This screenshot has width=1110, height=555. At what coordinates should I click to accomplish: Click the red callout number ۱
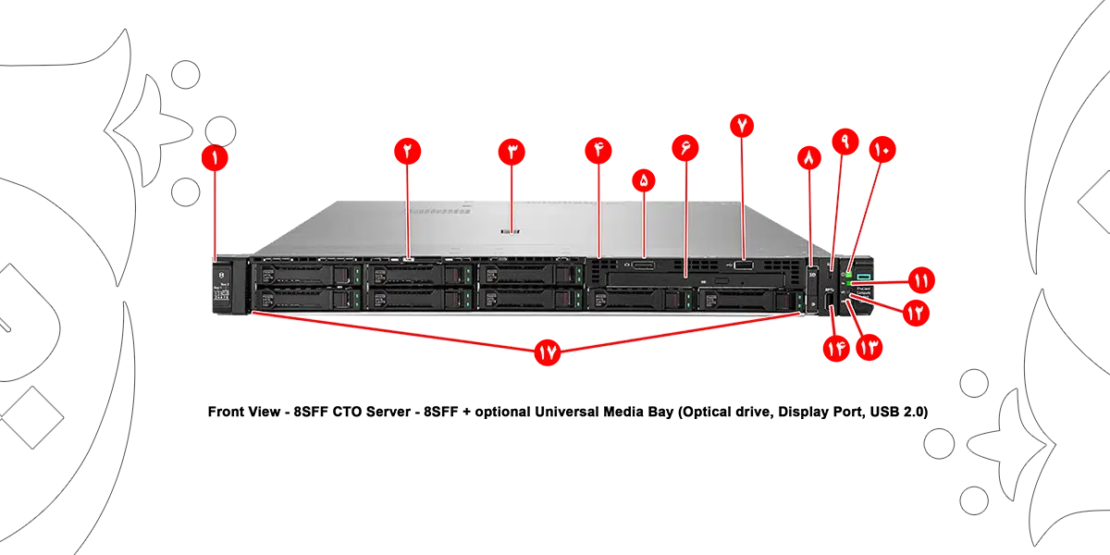click(215, 159)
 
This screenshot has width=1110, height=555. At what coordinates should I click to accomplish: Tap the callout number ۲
click(407, 153)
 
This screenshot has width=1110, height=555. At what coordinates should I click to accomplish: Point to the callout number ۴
click(599, 153)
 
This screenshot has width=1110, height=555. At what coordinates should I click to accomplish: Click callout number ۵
click(644, 182)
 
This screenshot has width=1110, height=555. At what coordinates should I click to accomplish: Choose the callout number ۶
click(685, 153)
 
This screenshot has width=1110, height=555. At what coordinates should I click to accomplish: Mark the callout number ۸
click(809, 159)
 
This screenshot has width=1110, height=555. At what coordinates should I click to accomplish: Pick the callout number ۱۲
click(915, 314)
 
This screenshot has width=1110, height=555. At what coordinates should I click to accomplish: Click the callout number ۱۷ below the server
click(549, 355)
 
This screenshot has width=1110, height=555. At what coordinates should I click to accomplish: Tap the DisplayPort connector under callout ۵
click(644, 267)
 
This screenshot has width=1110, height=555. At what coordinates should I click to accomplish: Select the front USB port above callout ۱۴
click(830, 296)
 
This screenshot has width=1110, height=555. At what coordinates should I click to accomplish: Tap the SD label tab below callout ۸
click(812, 274)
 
